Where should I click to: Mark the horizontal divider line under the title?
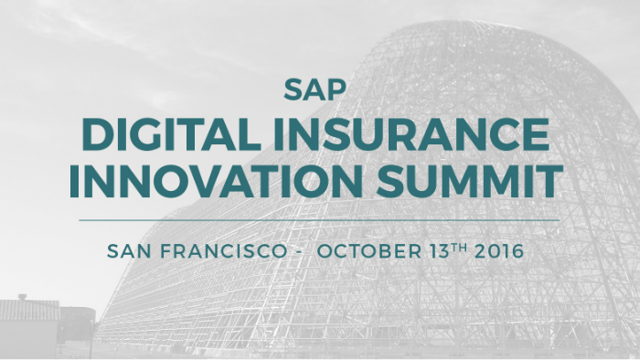click(319, 219)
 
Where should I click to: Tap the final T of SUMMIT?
click(549, 182)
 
